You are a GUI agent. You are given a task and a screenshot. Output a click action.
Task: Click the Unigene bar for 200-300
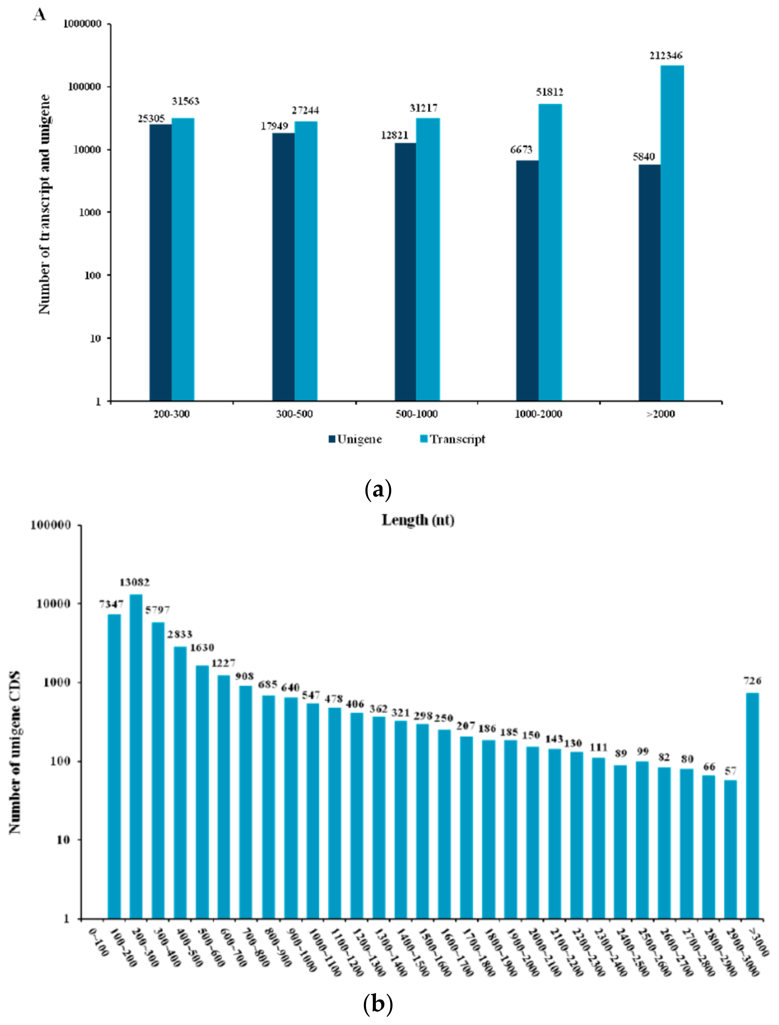coord(160,262)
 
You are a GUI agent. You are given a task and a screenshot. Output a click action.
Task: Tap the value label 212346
coord(666,56)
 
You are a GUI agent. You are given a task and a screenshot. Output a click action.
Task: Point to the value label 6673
coord(521,150)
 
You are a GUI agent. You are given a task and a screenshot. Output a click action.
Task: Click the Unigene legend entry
coord(355,439)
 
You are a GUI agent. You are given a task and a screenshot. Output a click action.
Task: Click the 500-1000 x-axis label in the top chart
coord(416,414)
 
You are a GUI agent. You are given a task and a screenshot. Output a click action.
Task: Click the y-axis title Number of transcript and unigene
coord(44,204)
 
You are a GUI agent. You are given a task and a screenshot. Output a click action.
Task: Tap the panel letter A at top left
coord(40,15)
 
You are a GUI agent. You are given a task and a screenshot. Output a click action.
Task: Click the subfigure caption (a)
coord(378,489)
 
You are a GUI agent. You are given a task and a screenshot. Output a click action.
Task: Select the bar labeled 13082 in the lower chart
coord(136,756)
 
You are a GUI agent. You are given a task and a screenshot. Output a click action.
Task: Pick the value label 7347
coord(111,604)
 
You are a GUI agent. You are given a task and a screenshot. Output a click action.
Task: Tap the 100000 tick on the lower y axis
coord(51,525)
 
